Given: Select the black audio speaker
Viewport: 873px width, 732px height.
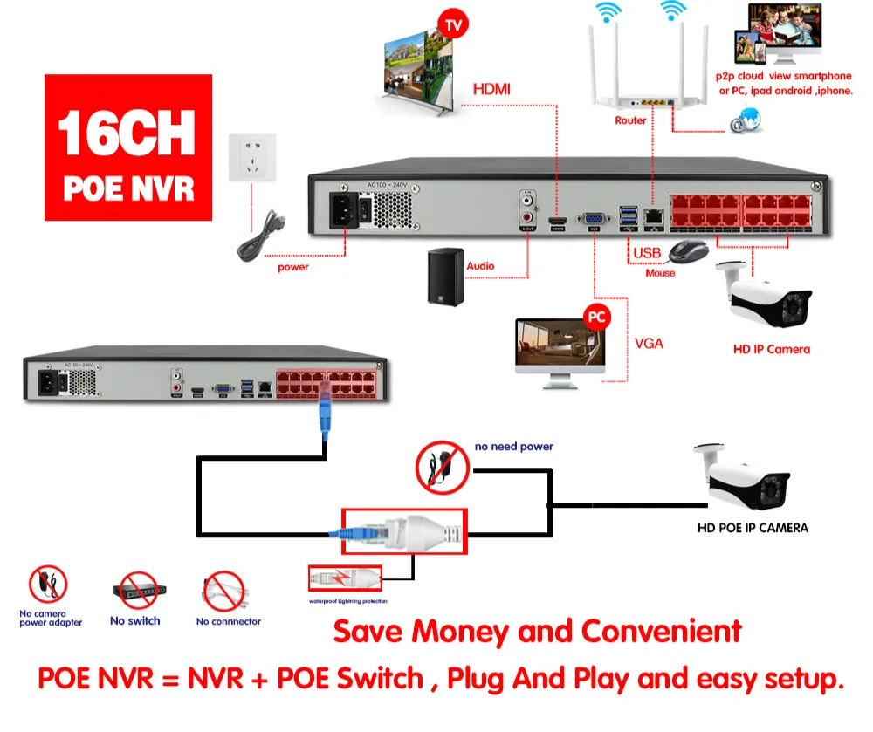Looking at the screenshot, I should pos(445,277).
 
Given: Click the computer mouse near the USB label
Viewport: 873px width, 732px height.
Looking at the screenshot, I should pos(688,251).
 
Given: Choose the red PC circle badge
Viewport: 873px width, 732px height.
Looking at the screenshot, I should pos(596,316).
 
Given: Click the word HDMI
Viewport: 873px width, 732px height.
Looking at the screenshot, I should pos(491,89).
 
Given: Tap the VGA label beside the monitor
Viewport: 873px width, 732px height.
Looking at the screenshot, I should pos(648,343).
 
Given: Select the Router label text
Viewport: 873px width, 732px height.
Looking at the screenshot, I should pos(630,120).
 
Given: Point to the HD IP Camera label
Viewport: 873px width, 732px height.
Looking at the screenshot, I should pos(771,349).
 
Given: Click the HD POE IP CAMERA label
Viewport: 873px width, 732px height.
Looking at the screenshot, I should pos(752,527).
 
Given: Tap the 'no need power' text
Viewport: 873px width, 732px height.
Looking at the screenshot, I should pos(513,447).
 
